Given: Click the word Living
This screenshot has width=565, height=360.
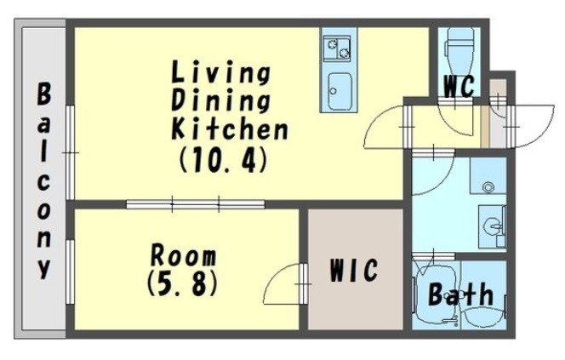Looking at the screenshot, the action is [x=220, y=73].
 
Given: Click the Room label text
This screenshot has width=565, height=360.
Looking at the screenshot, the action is [x=183, y=255].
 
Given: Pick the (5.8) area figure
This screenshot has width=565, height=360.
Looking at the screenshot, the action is [x=182, y=283].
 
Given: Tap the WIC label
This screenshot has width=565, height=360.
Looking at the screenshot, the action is [x=354, y=270].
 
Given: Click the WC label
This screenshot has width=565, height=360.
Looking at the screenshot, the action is [x=459, y=86].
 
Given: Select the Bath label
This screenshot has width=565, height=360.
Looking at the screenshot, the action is [x=460, y=294].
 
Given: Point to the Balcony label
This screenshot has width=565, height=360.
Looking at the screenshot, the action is [x=43, y=181].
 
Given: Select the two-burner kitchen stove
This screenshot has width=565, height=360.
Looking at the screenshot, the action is [x=337, y=48].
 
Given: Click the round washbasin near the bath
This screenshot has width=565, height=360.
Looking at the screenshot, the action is [x=492, y=227].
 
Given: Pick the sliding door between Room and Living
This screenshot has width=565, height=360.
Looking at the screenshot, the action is [x=196, y=205].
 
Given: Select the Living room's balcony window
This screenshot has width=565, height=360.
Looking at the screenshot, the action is [x=71, y=152].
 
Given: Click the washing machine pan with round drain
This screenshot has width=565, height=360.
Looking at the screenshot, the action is [x=488, y=176].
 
